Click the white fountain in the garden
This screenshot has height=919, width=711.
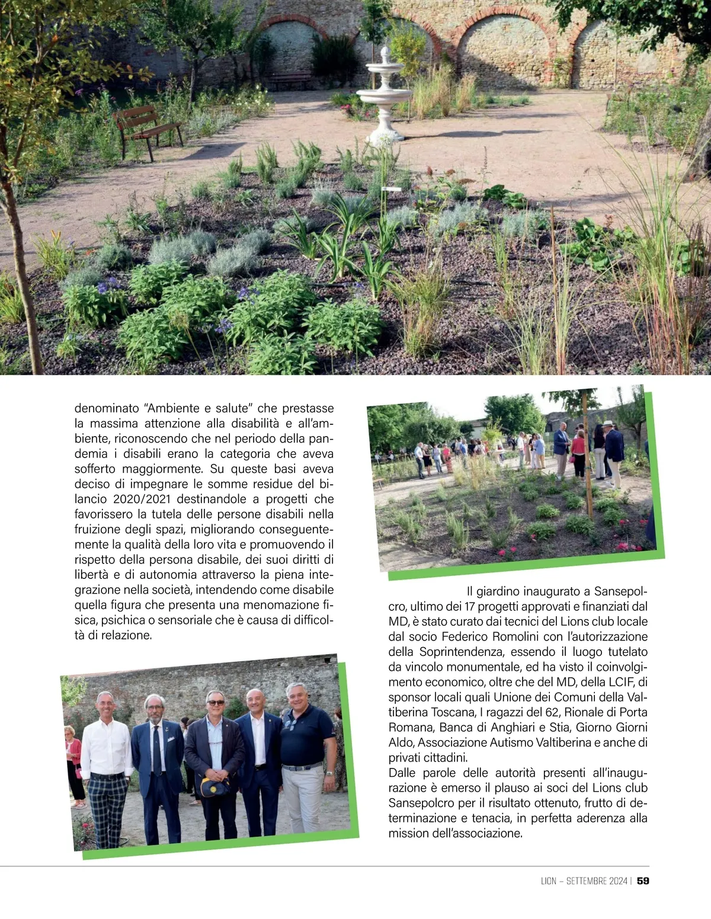coord(384,98)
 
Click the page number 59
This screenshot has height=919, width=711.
coord(643,881)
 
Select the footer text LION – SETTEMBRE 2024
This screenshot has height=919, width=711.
coord(584,881)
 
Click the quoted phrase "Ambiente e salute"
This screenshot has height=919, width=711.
coord(198,408)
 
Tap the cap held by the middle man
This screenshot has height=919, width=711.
coord(214,787)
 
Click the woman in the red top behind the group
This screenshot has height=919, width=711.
coord(73,753)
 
